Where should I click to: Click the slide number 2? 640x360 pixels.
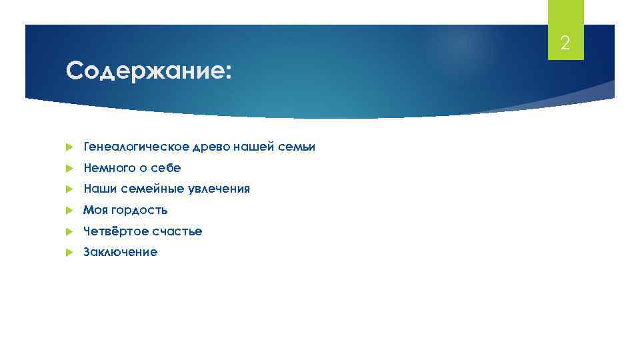point(565,44)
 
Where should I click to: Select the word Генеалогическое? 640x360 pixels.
point(126,147)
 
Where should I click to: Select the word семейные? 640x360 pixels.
point(147,189)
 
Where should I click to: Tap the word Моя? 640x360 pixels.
point(93,211)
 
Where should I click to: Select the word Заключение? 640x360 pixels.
point(120,253)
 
